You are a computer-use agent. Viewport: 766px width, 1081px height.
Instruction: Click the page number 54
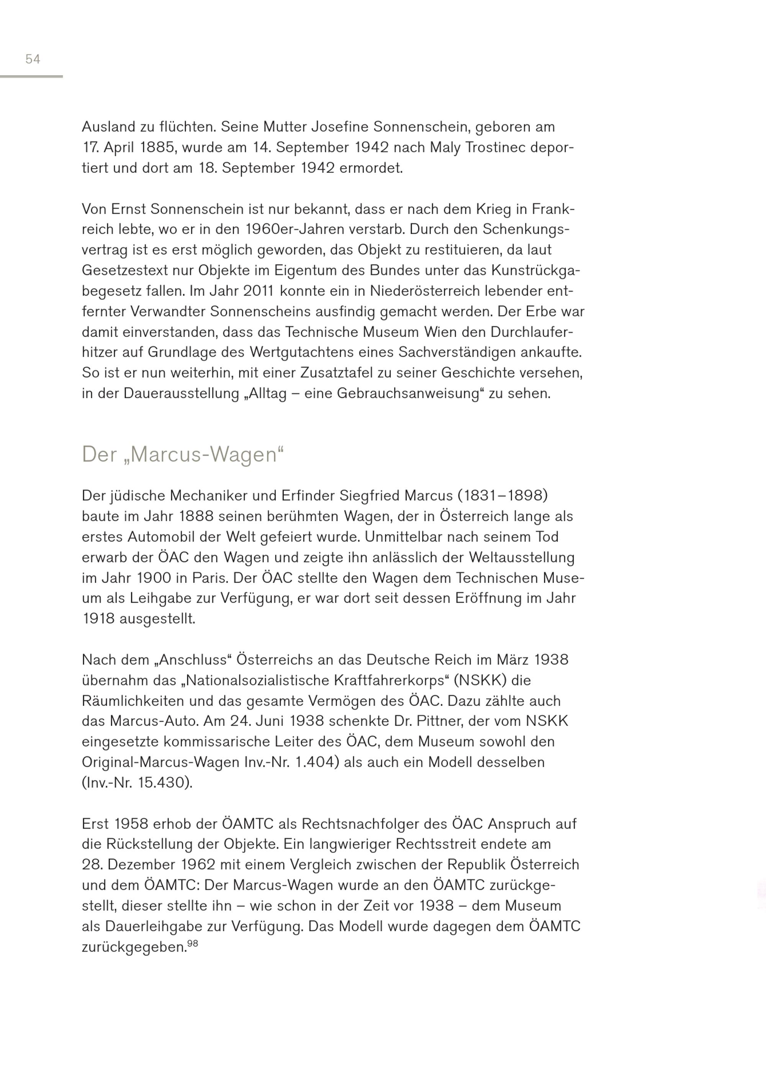click(x=33, y=59)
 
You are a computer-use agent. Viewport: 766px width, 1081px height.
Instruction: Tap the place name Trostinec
click(x=499, y=148)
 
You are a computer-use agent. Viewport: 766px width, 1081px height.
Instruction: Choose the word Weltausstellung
click(x=521, y=558)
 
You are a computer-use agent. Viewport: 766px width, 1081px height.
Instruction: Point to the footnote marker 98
click(x=192, y=943)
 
